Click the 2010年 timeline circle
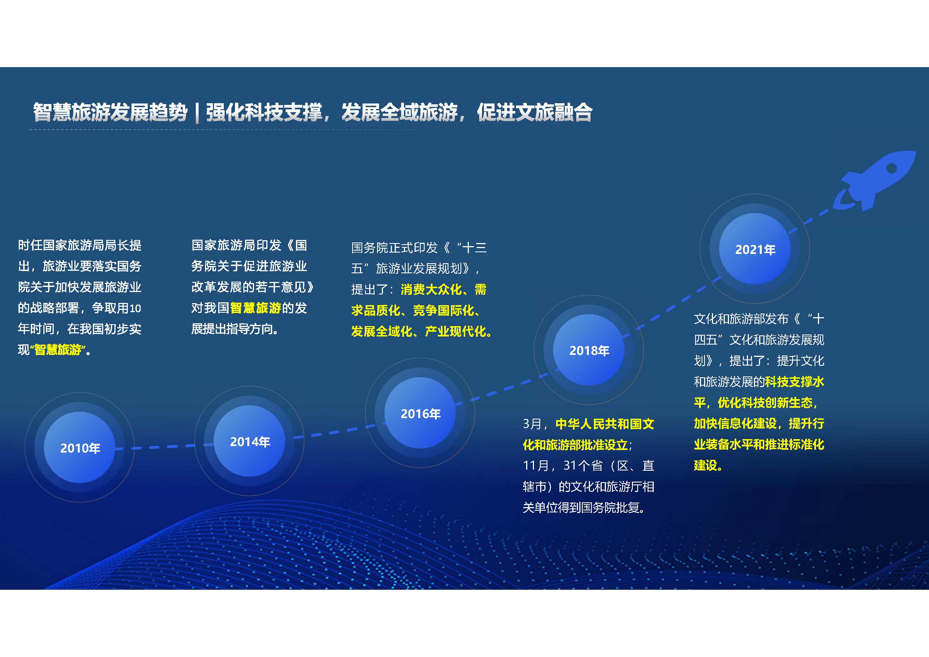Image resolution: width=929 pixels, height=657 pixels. coord(80,448)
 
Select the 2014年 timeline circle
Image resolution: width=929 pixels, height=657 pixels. coord(249,441)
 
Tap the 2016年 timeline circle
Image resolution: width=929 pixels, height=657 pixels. coord(420,413)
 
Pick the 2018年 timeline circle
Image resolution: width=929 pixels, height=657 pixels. coord(589,350)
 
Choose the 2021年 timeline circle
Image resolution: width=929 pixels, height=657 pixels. coord(755,249)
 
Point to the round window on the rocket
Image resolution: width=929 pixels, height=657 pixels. coord(891,168)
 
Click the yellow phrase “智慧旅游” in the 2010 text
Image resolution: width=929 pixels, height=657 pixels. coord(58,350)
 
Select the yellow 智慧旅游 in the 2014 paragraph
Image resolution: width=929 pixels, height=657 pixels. coord(255,308)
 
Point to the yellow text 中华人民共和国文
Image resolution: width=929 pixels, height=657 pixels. coord(605,424)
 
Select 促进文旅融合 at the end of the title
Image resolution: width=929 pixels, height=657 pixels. coord(535,112)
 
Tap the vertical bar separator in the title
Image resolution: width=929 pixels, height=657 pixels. coord(197,112)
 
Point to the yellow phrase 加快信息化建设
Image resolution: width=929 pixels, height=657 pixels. coord(735,423)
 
